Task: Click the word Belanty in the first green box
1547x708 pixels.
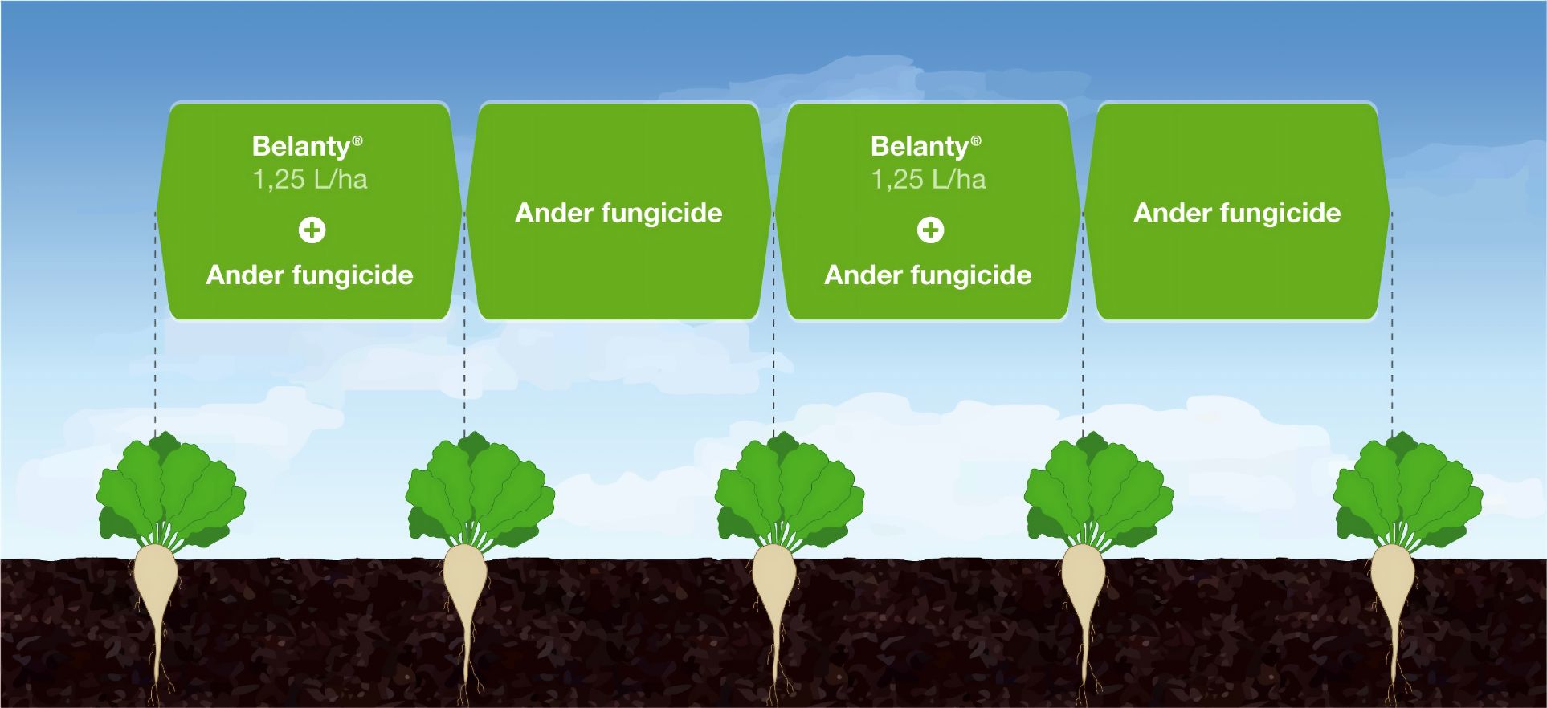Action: (x=301, y=147)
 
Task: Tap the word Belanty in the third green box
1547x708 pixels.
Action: (x=920, y=147)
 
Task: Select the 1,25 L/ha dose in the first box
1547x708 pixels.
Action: (x=310, y=179)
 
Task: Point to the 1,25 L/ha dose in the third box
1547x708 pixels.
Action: (x=929, y=179)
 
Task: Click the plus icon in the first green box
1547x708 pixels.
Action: (x=312, y=230)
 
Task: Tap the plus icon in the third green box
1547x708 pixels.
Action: (x=930, y=230)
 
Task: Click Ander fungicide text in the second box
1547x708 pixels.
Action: (x=618, y=214)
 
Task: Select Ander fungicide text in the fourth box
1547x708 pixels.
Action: (x=1237, y=214)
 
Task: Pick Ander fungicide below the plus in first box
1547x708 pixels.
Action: (x=309, y=275)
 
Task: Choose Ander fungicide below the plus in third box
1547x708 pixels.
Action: (x=928, y=275)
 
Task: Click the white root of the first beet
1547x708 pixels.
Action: (x=156, y=594)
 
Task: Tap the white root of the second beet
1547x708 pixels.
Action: (x=466, y=594)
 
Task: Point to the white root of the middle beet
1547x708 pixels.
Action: (x=774, y=594)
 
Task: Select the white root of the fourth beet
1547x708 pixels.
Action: (x=1084, y=594)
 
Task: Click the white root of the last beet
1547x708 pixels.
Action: (x=1393, y=594)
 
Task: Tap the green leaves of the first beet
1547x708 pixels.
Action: (x=171, y=490)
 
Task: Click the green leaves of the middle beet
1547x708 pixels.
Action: (x=790, y=490)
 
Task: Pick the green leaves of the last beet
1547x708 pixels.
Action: (x=1408, y=490)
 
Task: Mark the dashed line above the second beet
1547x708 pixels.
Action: (x=464, y=325)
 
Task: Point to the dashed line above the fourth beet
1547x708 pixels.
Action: (x=1083, y=325)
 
